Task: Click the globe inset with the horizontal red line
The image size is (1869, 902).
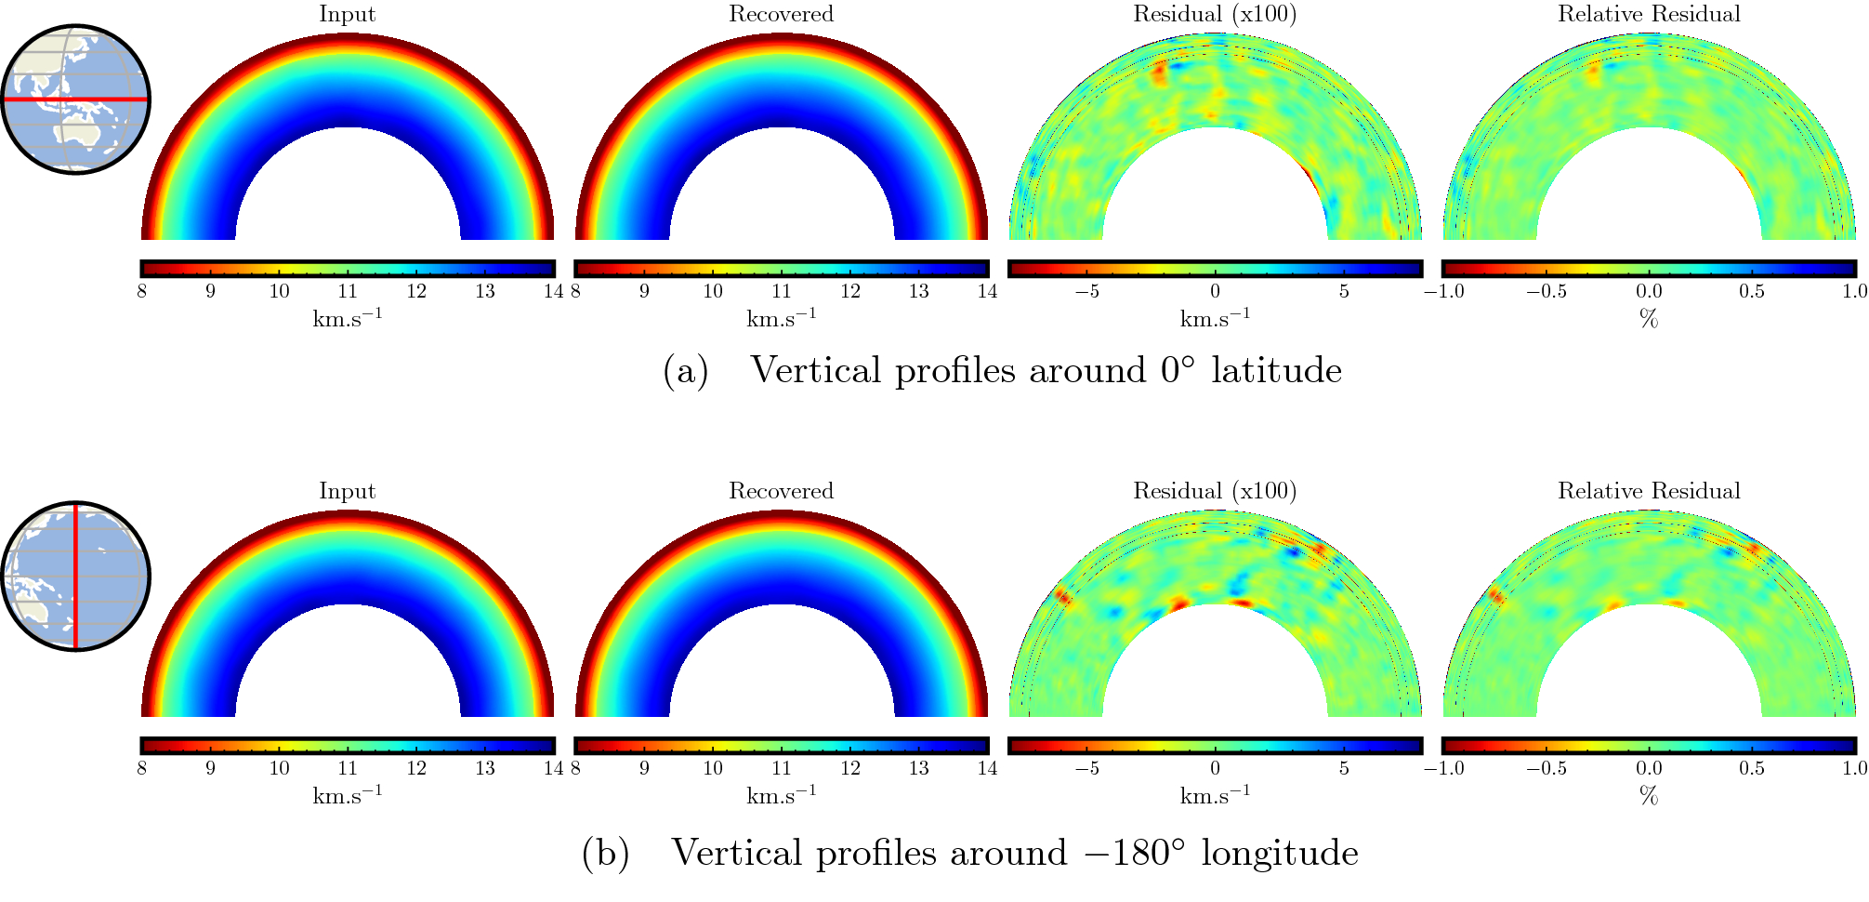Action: coord(74,99)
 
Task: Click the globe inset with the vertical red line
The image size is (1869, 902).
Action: coord(74,576)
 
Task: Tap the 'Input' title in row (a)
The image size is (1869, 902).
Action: coord(347,14)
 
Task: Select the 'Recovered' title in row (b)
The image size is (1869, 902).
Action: coord(781,491)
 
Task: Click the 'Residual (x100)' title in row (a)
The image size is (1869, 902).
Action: coord(1215,14)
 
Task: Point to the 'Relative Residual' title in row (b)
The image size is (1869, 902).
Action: coord(1649,491)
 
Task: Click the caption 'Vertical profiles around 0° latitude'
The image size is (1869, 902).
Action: coord(1046,370)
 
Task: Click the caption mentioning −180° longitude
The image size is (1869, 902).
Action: coord(1014,853)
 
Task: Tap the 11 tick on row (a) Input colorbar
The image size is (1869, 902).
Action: coord(348,291)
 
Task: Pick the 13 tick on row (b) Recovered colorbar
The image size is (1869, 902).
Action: coord(918,768)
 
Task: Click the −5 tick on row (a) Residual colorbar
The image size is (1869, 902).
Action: coord(1086,291)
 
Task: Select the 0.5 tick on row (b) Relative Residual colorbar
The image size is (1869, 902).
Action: coord(1751,768)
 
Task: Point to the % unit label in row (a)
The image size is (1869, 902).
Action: coord(1649,319)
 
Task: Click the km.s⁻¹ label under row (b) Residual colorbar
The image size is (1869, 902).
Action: coord(1215,795)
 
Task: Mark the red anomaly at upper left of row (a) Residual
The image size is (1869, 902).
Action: coord(1159,73)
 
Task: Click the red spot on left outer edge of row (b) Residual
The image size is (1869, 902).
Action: coord(1060,595)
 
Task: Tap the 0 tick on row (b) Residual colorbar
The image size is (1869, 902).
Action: coord(1215,768)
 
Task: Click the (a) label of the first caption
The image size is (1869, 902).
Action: coord(685,371)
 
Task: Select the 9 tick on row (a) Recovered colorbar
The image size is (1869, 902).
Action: coord(644,291)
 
